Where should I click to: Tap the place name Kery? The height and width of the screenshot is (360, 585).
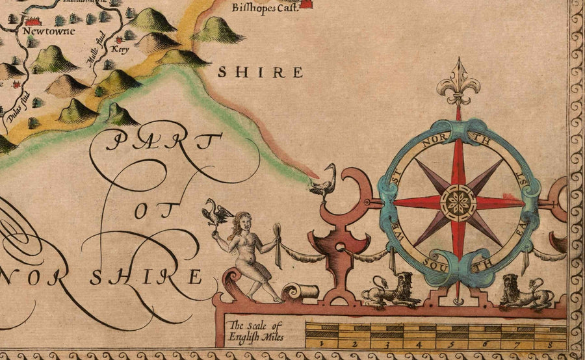tap(119, 49)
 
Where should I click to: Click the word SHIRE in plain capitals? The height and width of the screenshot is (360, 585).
tap(260, 72)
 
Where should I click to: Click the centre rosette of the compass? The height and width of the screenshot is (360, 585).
tap(458, 202)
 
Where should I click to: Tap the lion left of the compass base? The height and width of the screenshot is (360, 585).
tap(391, 290)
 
